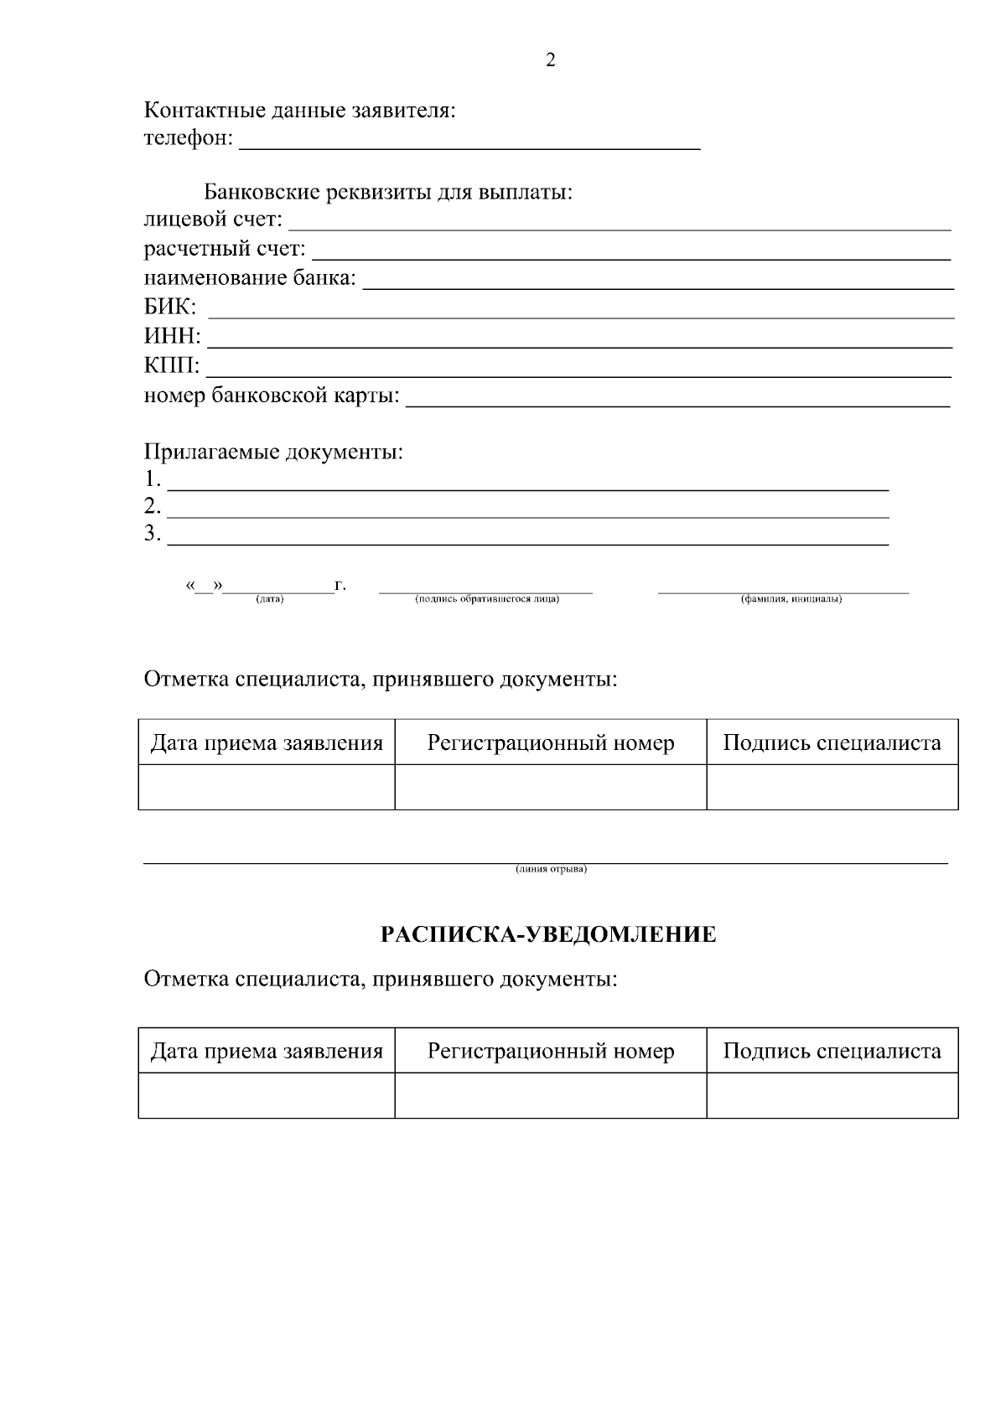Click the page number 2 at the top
tap(551, 60)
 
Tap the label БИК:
tap(170, 308)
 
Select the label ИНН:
tap(172, 337)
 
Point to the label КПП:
tap(172, 366)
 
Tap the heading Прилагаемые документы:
tap(273, 452)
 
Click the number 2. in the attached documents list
tap(153, 506)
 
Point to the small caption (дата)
tap(270, 599)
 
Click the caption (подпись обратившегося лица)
tap(486, 599)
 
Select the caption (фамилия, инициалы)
tap(791, 599)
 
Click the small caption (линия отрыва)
tap(551, 869)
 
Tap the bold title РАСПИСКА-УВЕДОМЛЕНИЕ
tap(549, 934)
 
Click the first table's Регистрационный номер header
tap(551, 742)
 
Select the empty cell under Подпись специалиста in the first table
tap(832, 787)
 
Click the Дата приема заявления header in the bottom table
tap(267, 1051)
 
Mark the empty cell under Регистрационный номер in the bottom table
tap(551, 1095)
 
